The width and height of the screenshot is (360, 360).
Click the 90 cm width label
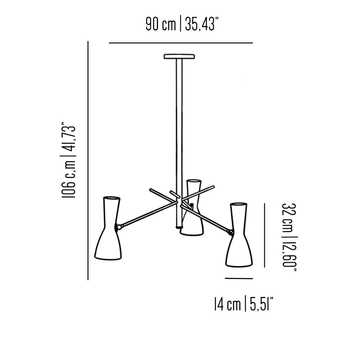click(161, 25)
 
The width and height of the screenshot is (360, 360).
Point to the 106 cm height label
click(69, 180)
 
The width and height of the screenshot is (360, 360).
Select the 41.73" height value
click(69, 138)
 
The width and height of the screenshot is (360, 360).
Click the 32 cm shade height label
click(287, 217)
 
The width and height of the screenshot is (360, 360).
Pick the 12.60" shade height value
click(288, 254)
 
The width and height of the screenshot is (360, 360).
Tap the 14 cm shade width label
click(227, 303)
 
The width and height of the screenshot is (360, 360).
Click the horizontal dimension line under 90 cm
click(181, 43)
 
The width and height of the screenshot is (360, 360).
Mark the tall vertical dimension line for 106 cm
click(88, 160)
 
